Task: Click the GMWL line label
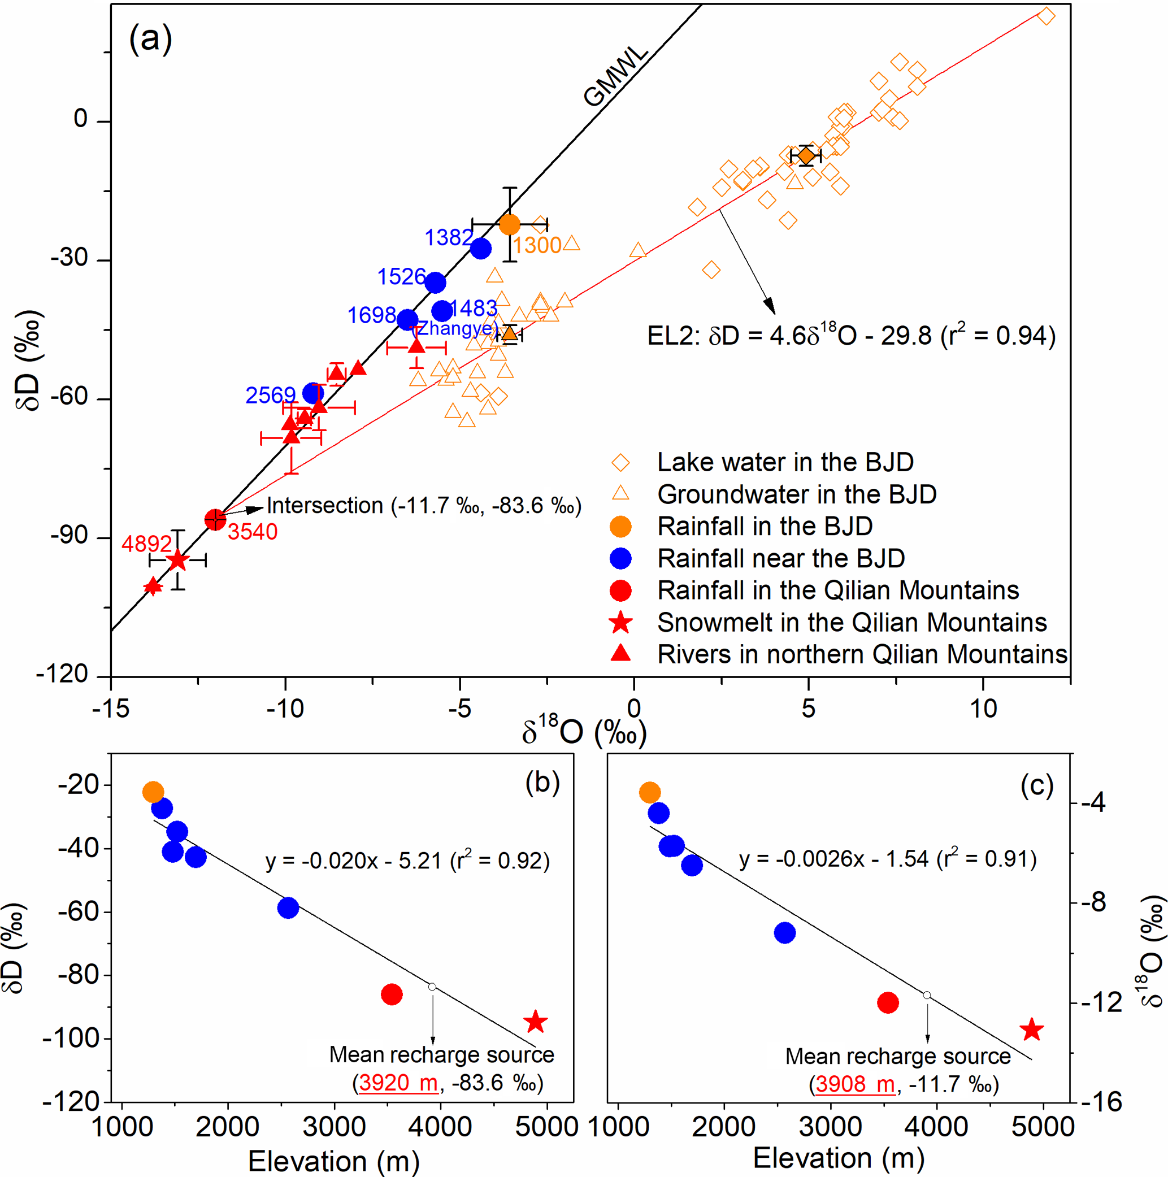tap(615, 77)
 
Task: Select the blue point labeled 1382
tap(480, 249)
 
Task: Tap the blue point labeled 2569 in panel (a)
tap(312, 393)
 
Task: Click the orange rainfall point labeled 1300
tap(509, 225)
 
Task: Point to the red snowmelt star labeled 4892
tap(177, 560)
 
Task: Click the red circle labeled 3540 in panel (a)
tap(215, 520)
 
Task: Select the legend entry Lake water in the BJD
tap(785, 462)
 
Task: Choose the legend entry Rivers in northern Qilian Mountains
tap(862, 654)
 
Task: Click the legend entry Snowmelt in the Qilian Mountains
tap(851, 622)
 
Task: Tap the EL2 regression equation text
tap(850, 335)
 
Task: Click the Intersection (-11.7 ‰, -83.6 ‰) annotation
tap(424, 506)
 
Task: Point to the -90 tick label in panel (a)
tap(70, 536)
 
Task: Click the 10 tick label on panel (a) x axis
tap(983, 709)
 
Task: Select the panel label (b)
tap(542, 783)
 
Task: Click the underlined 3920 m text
tap(398, 1083)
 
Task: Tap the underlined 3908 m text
tap(854, 1084)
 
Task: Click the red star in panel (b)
tap(535, 1022)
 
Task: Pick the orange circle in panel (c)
tap(649, 793)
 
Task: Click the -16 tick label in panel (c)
tap(1101, 1101)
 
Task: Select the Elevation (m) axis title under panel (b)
tap(334, 1161)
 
